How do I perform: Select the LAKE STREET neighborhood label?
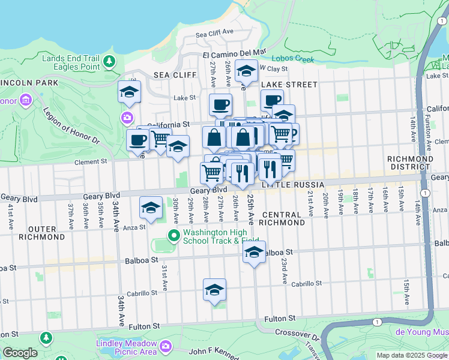(289, 85)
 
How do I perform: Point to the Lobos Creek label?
(293, 59)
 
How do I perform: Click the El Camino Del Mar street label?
(234, 53)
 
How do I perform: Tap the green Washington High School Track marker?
(174, 236)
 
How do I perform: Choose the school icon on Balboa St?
(255, 252)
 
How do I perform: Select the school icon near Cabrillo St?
(215, 290)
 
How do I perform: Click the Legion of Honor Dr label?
(71, 125)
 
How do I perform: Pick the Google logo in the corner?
(20, 352)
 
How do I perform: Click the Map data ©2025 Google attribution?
(412, 355)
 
